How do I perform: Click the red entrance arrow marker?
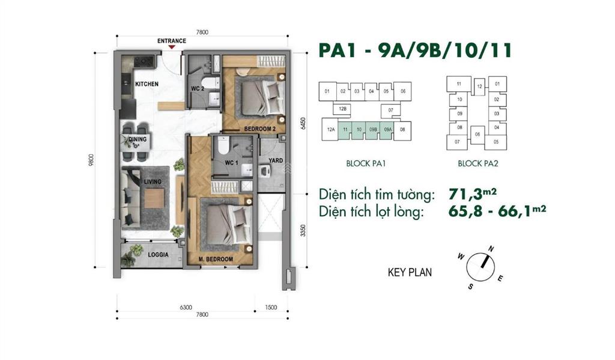tap(172, 47)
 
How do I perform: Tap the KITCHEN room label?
tap(147, 84)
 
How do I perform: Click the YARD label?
tap(276, 160)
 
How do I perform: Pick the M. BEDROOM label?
tap(216, 259)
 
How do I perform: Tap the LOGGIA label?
tap(158, 254)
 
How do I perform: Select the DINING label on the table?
tap(138, 139)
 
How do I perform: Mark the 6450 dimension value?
tap(303, 123)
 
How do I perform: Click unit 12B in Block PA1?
tap(342, 109)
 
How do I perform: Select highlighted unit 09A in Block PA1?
tap(388, 129)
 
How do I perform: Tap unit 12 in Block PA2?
tap(479, 87)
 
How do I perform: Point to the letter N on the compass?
tap(491, 248)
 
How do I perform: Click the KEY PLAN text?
tap(410, 272)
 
